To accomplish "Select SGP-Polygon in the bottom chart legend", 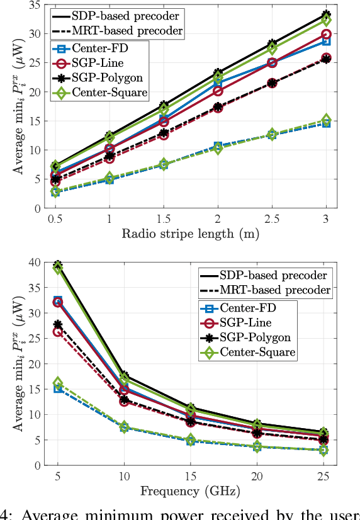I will (256, 336).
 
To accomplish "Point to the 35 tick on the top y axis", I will (37, 4).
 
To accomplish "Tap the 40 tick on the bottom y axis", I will (37, 262).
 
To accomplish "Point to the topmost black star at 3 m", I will (326, 14).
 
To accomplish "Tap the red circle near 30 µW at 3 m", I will (326, 34).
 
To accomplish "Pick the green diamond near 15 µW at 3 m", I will (326, 120).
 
